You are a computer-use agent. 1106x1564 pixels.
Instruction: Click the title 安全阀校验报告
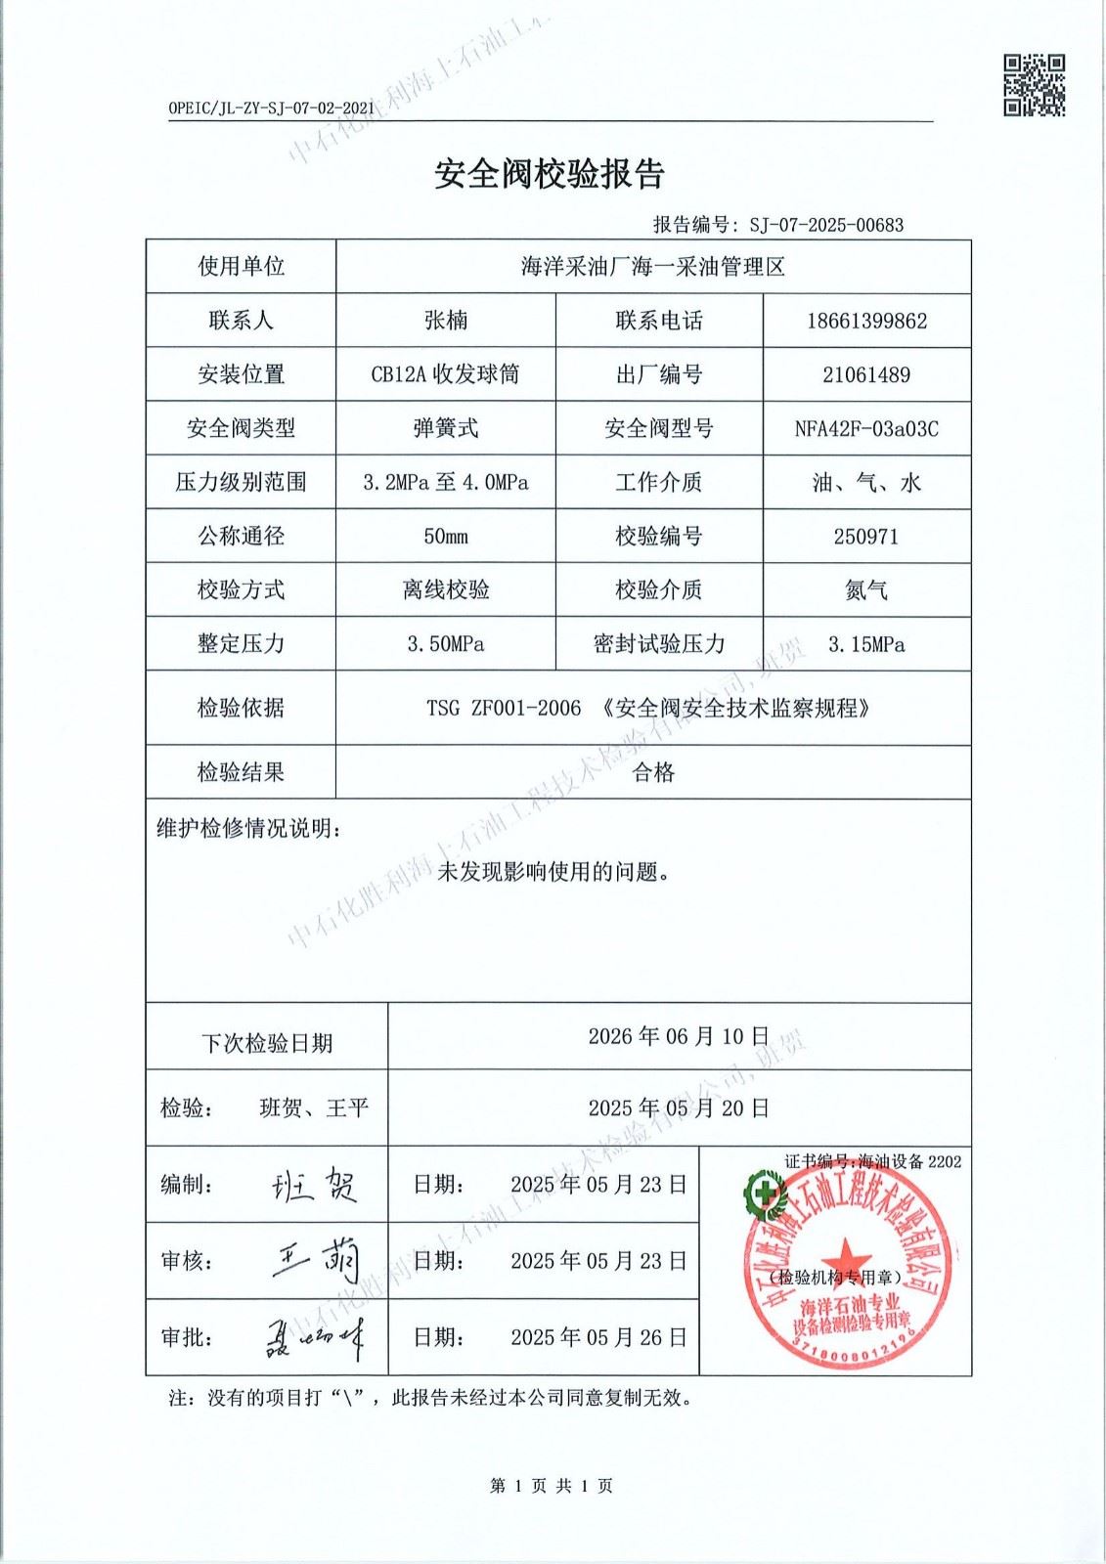[x=550, y=174]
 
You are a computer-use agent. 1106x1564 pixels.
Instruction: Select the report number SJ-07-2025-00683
[x=826, y=225]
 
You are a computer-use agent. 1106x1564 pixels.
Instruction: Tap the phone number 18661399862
[x=866, y=321]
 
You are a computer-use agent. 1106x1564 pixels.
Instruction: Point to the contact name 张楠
[x=446, y=321]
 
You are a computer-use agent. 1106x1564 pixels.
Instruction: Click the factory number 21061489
[x=866, y=374]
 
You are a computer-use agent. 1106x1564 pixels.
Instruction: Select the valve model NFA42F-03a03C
[x=866, y=428]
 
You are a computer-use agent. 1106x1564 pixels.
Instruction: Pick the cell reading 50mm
[x=446, y=536]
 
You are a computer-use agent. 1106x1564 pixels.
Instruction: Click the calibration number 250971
[x=866, y=536]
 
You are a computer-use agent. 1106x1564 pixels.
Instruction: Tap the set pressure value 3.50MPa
[x=446, y=643]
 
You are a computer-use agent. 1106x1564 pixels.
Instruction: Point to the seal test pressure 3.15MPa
[x=866, y=643]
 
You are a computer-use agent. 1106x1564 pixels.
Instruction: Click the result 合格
[x=653, y=772]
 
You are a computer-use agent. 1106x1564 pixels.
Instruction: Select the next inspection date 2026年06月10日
[x=679, y=1036]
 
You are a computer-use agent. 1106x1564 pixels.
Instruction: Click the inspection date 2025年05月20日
[x=679, y=1108]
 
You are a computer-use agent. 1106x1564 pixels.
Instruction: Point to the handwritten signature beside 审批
[x=315, y=1337]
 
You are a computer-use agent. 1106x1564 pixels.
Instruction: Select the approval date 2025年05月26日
[x=598, y=1337]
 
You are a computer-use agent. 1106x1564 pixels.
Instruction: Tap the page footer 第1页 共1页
[x=552, y=1486]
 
